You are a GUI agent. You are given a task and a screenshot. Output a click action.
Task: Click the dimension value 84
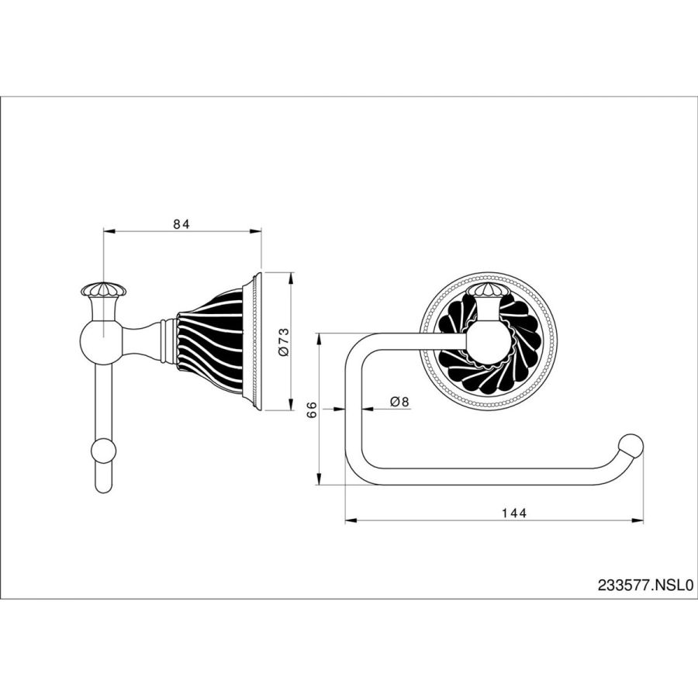coord(181,224)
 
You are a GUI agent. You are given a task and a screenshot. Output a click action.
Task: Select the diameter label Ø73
coord(284,341)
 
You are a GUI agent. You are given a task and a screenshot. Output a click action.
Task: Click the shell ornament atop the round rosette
coord(488,292)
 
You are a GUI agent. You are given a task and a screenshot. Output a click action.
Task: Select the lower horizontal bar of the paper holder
coord(489,476)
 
